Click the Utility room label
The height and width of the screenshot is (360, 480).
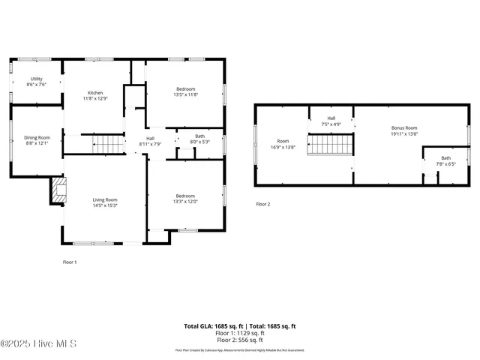[36, 79]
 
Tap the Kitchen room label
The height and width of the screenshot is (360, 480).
[95, 93]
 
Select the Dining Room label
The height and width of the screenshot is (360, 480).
[37, 138]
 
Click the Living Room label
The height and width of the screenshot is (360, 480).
[105, 199]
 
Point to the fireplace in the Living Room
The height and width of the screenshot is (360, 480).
[58, 190]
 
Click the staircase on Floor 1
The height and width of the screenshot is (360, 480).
[107, 143]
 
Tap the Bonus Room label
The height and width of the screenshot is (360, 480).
[403, 128]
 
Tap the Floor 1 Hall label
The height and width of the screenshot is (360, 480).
[150, 139]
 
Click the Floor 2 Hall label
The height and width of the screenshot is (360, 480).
[331, 118]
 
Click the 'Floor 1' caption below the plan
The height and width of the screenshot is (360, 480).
[69, 262]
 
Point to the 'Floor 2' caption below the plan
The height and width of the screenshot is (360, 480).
[262, 204]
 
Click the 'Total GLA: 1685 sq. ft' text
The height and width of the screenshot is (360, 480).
[211, 326]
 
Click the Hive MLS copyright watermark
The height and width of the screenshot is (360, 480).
[30, 343]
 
